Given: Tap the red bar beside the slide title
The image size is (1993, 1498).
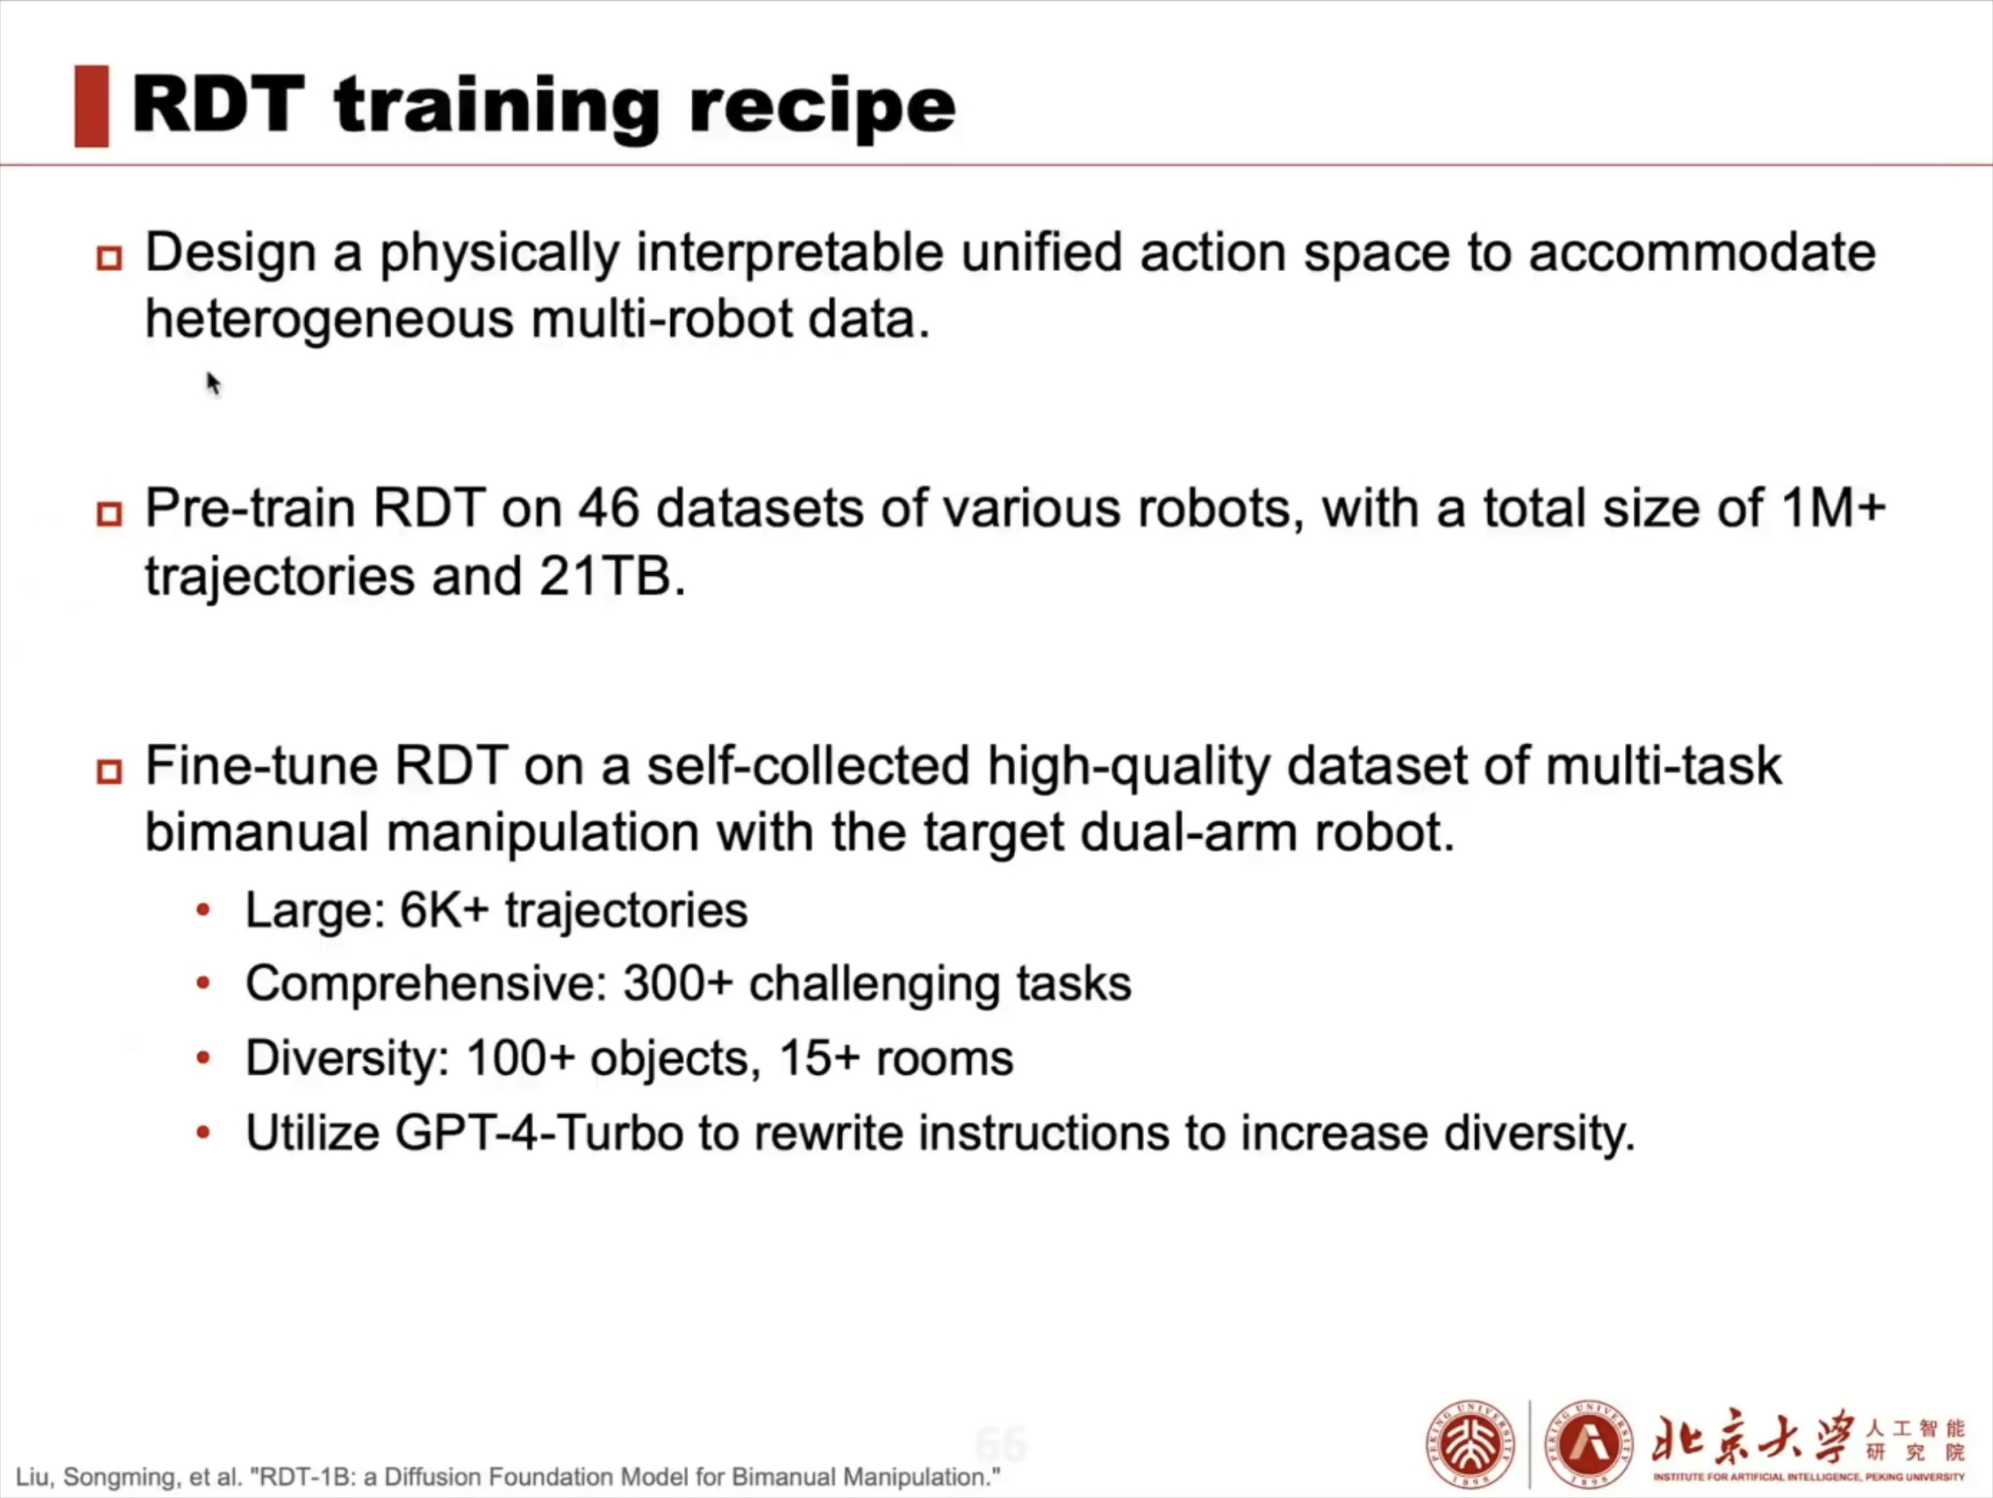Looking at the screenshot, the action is (x=92, y=106).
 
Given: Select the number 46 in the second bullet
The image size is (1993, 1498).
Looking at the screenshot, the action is (x=608, y=508).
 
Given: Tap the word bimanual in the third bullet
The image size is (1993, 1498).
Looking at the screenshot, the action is (x=256, y=832).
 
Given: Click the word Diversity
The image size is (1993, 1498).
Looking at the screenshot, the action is (x=347, y=1058).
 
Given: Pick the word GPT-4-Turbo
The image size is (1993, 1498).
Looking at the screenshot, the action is (x=538, y=1133).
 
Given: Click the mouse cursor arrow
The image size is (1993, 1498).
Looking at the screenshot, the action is (x=213, y=383).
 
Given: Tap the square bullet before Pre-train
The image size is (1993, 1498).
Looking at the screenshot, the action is (x=109, y=514).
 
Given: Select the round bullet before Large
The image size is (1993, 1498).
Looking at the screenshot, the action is (x=204, y=912).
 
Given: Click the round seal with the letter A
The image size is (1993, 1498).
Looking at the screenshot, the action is (x=1588, y=1445).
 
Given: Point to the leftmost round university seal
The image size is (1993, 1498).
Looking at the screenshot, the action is (x=1470, y=1445).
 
